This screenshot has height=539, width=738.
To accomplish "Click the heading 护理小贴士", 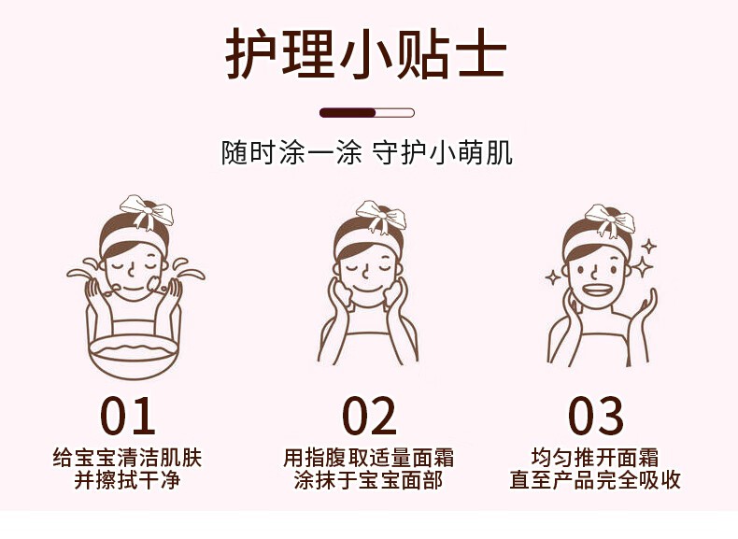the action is coord(366,52).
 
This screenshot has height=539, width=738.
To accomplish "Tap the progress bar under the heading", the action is coord(366,112).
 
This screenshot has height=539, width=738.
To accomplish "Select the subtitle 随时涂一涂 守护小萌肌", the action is coord(367,152).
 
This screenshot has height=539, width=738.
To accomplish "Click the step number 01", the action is coord(128,416).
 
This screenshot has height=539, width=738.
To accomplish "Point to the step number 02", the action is coord(369,416).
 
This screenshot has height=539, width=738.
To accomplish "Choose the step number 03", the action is coord(595,416).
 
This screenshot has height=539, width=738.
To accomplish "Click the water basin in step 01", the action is coord(134,354).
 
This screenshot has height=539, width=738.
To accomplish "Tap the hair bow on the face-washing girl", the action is coord(147,210).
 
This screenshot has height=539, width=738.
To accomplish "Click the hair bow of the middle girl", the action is coord(381,216).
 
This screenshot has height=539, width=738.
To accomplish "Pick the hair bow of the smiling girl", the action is coord(610,219).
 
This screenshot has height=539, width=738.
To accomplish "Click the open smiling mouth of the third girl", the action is coord(596,289).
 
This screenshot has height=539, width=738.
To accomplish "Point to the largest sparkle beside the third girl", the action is coord(642,266).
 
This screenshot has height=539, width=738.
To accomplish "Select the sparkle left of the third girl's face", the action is coord(553,277).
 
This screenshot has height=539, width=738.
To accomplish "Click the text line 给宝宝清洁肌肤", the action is coord(128,458).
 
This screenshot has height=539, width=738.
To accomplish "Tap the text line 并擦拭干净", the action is coord(128,481).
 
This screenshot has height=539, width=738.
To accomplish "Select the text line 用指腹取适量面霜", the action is coord(368,458).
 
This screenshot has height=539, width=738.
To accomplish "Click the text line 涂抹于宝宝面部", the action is coord(368,481).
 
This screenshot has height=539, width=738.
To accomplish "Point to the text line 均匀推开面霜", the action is coord(595,458).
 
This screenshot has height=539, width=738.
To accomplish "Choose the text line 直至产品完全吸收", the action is coord(595,481).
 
